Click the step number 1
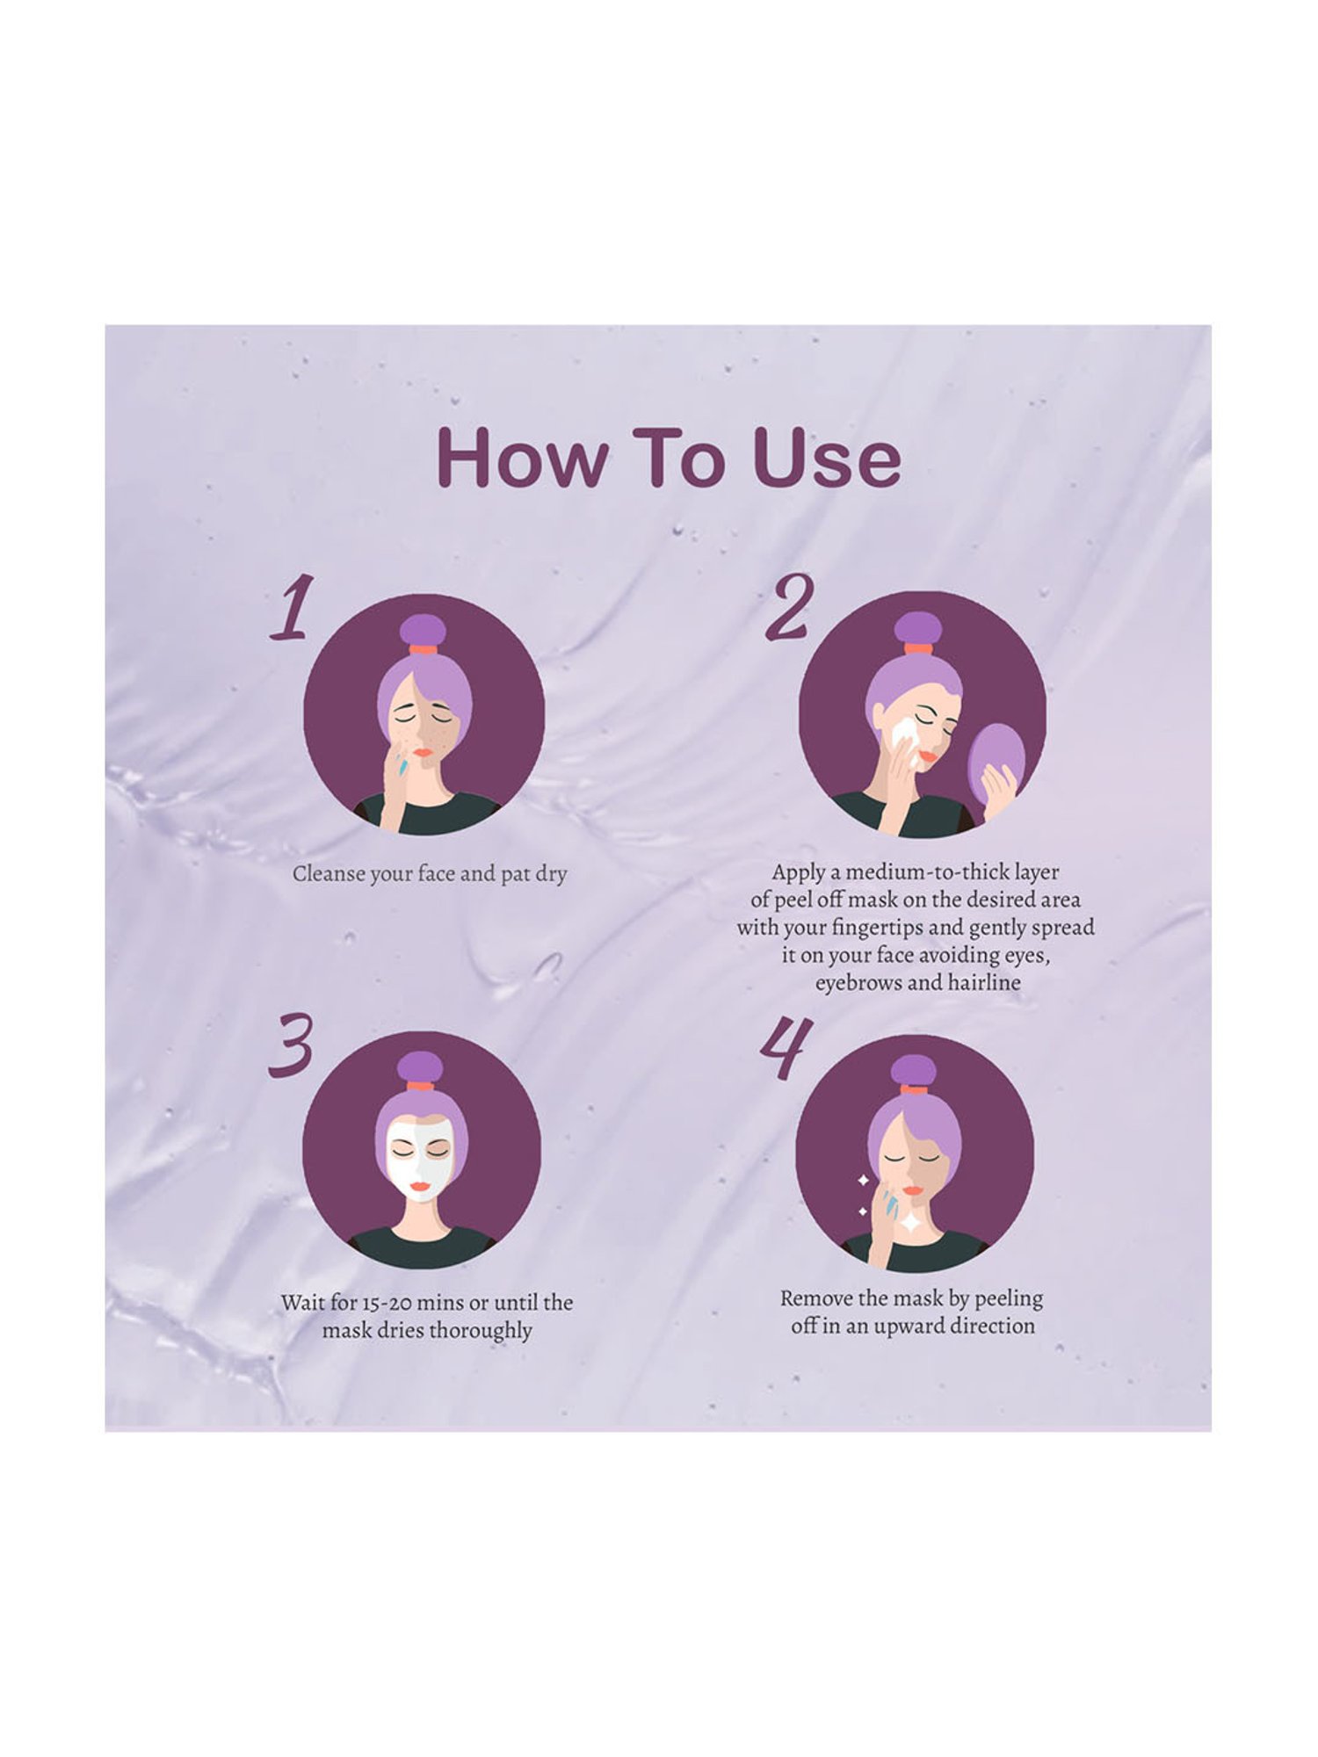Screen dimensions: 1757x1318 (291, 608)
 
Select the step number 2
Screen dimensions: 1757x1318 (788, 607)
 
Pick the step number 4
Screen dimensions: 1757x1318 (785, 1049)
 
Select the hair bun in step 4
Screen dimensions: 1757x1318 (916, 1070)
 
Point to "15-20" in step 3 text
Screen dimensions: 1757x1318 (389, 1303)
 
